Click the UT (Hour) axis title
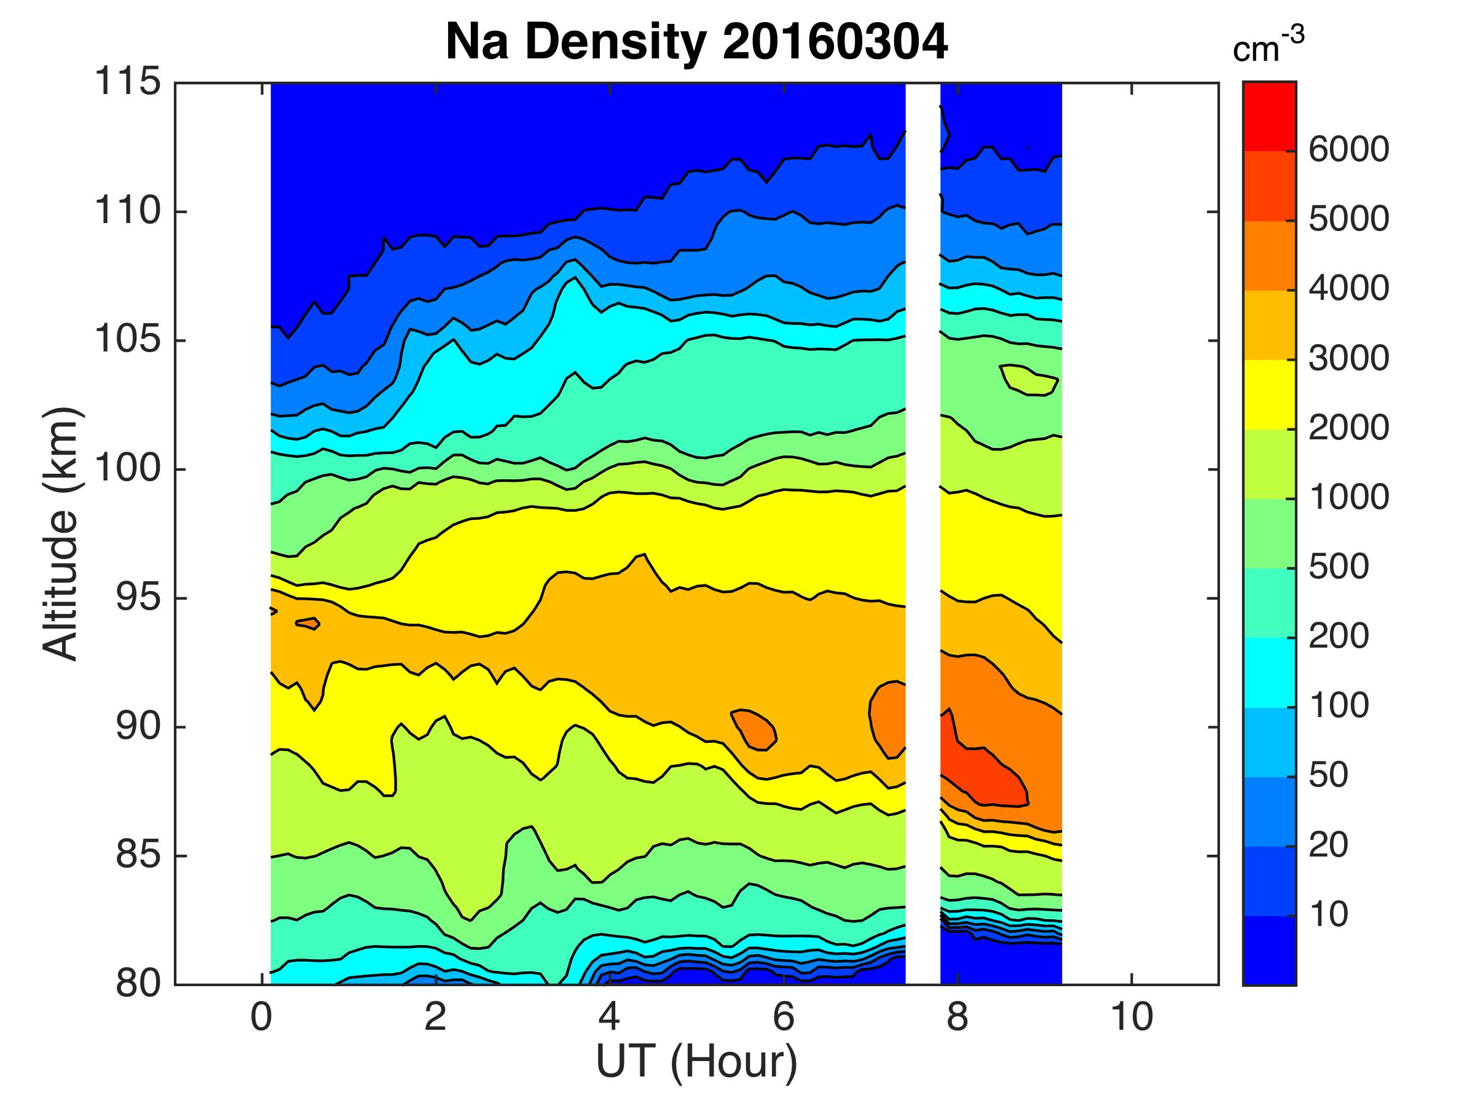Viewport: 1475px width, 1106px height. click(696, 1061)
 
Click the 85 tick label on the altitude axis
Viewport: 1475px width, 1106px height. click(138, 855)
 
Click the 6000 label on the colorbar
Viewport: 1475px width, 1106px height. click(1348, 149)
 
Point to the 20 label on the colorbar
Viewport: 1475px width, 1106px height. click(1328, 845)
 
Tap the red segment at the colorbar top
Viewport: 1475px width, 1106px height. click(1269, 117)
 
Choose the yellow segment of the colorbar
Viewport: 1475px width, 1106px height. click(1269, 394)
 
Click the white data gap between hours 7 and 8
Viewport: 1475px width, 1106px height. click(922, 533)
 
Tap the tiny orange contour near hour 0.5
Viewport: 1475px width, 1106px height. click(308, 623)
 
